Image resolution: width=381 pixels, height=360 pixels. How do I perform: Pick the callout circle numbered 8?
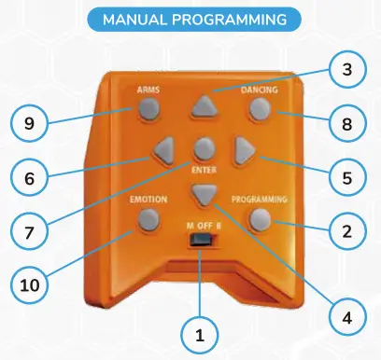346,121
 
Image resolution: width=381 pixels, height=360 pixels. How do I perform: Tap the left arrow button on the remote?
166,149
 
